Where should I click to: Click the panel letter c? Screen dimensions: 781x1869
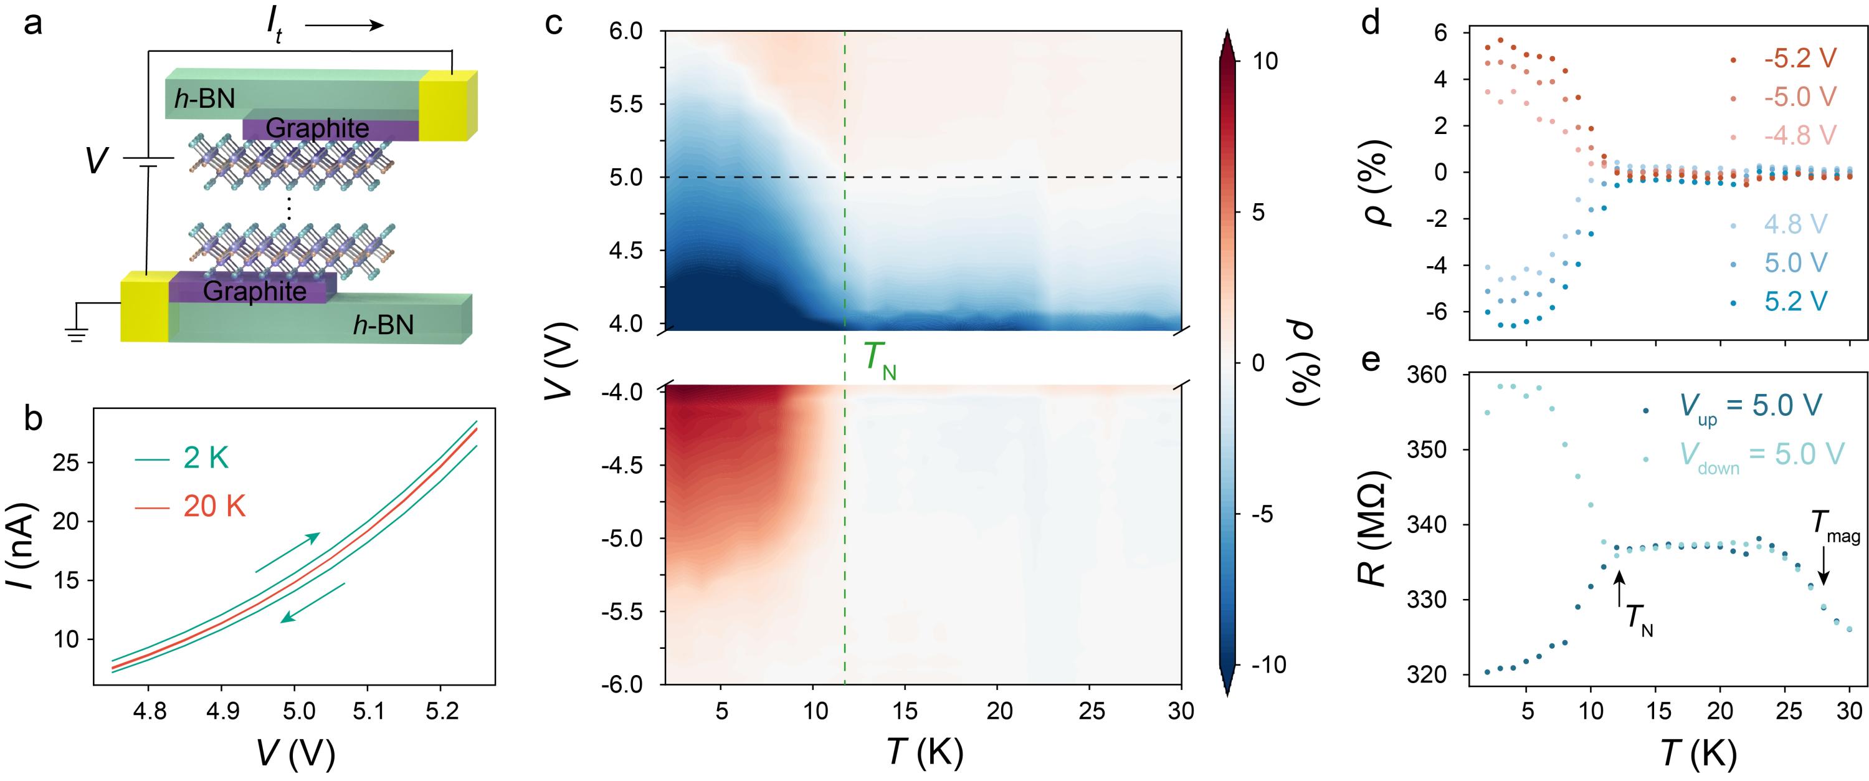click(x=554, y=23)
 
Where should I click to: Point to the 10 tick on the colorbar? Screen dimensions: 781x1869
click(x=1265, y=61)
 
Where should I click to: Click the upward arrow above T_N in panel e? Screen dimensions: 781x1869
click(x=1619, y=588)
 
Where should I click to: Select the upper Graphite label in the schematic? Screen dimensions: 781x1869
click(x=317, y=128)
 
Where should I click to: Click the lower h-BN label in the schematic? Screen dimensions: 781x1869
click(x=383, y=325)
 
